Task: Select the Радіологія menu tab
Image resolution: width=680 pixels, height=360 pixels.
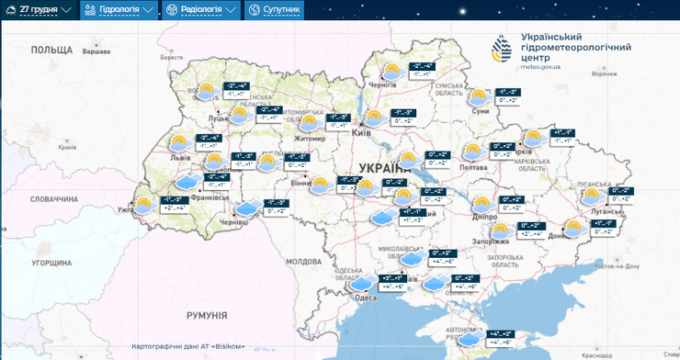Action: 198,10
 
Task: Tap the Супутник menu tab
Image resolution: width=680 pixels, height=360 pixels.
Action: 273,10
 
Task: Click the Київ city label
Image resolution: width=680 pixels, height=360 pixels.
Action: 362,133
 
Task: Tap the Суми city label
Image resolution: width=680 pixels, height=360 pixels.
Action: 480,111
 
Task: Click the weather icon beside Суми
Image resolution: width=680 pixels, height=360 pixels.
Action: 479,96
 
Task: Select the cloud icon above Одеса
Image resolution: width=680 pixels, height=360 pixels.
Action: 364,280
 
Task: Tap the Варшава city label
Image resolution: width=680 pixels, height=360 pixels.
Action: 96,52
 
